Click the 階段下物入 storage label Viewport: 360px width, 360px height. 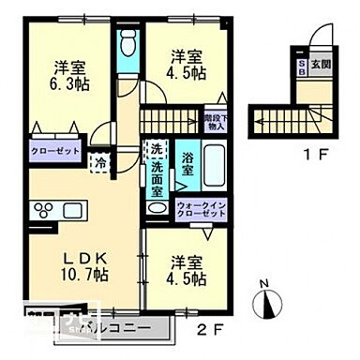(215, 121)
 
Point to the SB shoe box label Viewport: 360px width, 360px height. (301, 64)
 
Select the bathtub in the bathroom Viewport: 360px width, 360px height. (216, 167)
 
